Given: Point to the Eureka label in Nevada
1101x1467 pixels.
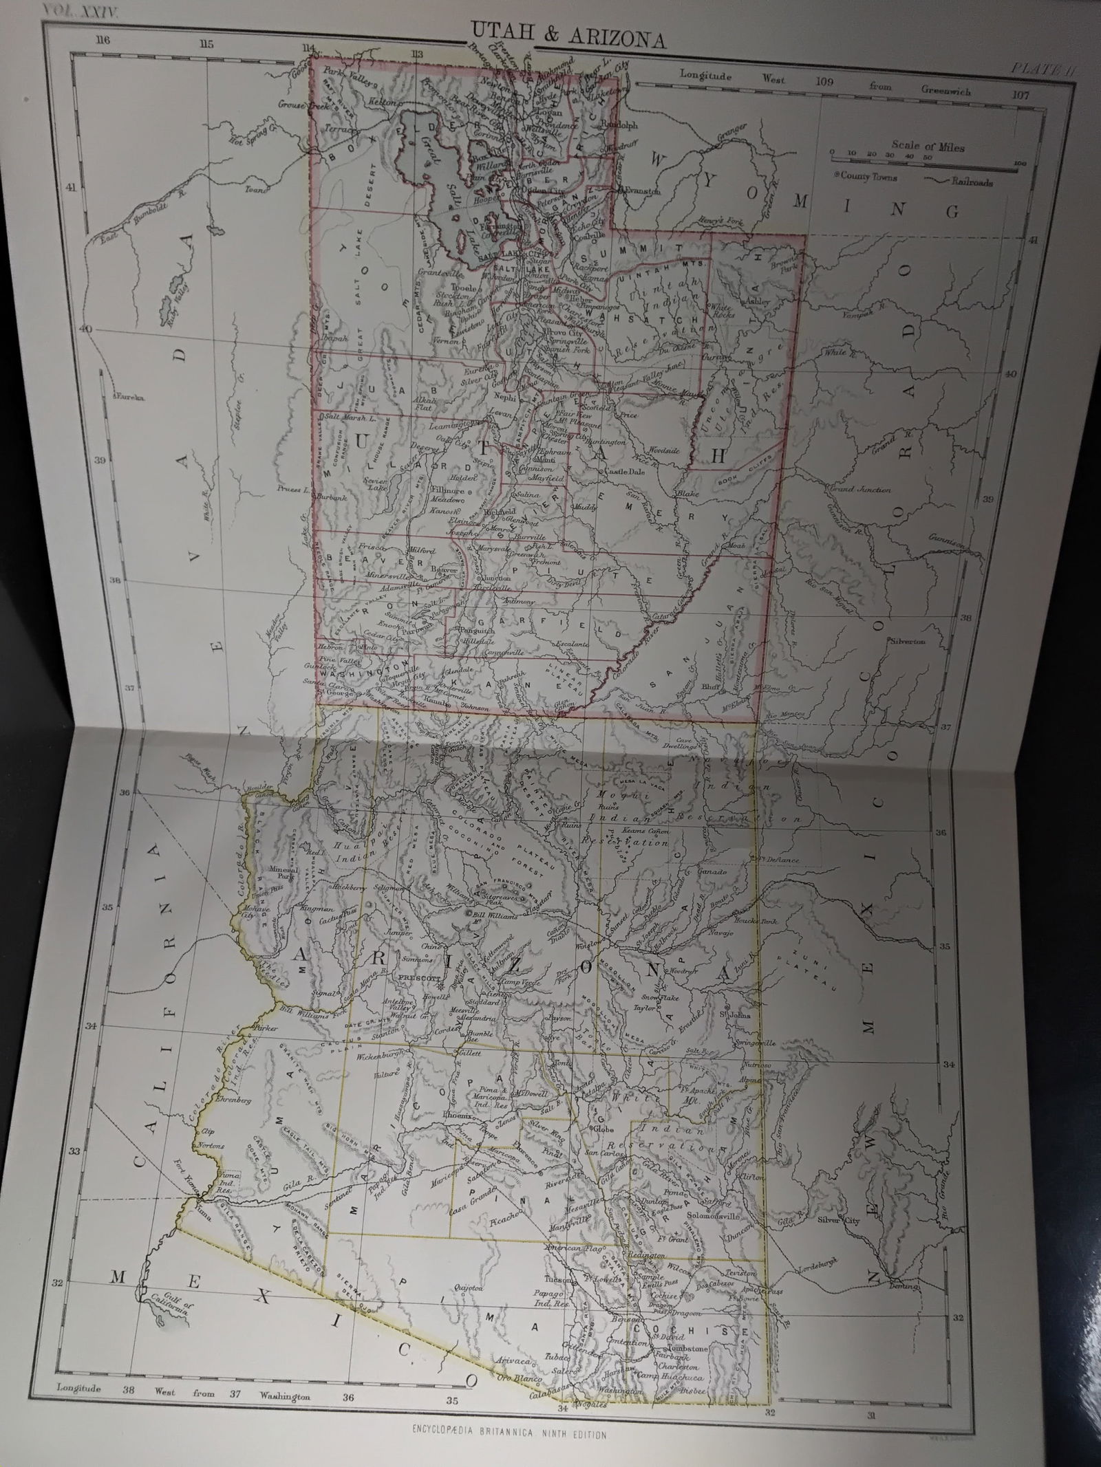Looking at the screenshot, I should pos(129,397).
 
